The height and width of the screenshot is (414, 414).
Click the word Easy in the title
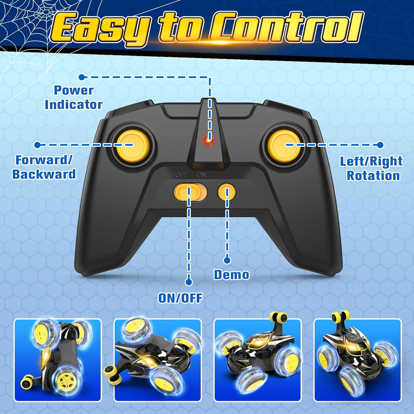click(x=100, y=28)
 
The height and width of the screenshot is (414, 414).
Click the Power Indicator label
click(x=74, y=97)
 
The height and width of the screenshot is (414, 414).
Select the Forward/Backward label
click(x=44, y=167)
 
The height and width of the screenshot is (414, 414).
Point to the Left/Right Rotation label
click(x=371, y=168)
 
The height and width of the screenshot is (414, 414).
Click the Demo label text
click(x=232, y=274)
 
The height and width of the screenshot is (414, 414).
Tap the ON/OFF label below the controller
click(x=180, y=298)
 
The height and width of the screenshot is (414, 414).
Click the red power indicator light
click(x=208, y=140)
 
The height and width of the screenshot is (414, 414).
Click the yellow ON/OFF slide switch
click(x=190, y=192)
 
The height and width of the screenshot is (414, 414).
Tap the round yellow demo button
click(x=227, y=192)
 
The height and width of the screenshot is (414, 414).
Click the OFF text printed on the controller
click(x=181, y=175)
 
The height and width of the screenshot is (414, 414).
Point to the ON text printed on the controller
click(x=202, y=175)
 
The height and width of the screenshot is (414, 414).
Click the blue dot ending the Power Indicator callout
click(x=82, y=77)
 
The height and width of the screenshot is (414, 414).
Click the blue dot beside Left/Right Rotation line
click(x=380, y=145)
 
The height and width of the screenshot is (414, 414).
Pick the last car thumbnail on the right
click(x=358, y=360)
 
